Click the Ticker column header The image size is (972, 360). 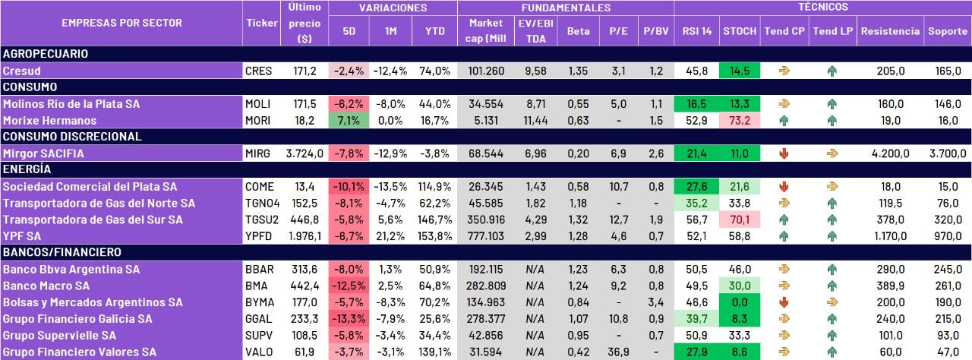click(x=262, y=23)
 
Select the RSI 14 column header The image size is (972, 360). click(x=696, y=32)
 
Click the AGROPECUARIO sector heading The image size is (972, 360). click(x=46, y=54)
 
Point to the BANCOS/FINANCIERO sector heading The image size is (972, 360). click(x=62, y=252)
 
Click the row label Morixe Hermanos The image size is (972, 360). click(x=50, y=120)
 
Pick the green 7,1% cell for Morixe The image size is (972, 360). click(x=349, y=120)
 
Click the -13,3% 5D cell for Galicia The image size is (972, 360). click(x=349, y=318)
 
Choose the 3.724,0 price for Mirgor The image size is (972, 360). click(x=305, y=153)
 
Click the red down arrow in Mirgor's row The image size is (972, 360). click(x=784, y=153)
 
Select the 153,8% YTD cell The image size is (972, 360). click(x=435, y=235)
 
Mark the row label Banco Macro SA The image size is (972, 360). click(x=46, y=286)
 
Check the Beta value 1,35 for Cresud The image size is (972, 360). click(x=579, y=71)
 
